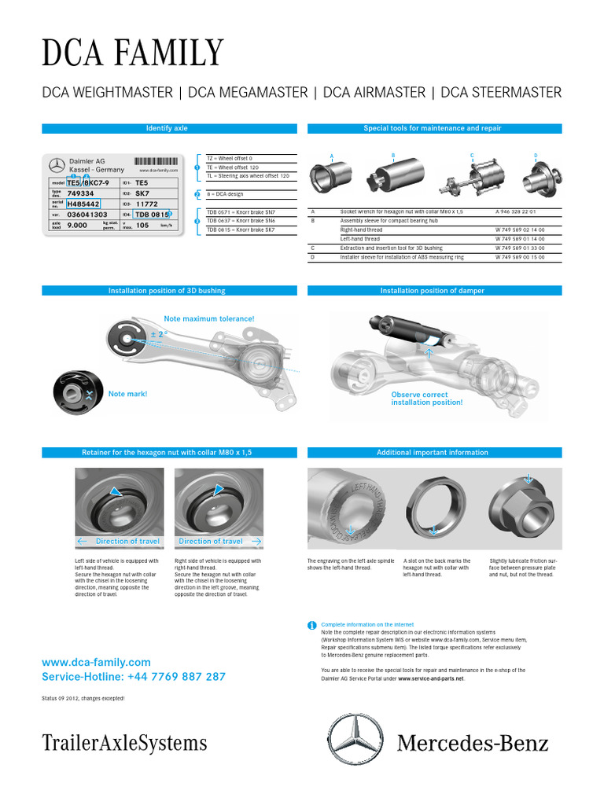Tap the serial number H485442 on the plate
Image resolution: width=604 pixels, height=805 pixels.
coord(83,203)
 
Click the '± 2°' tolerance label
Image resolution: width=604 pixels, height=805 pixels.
coord(160,334)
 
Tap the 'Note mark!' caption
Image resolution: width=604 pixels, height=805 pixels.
coord(127,394)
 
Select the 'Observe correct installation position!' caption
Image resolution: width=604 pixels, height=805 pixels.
coord(426,399)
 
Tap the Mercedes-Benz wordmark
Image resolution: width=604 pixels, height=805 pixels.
coord(473,742)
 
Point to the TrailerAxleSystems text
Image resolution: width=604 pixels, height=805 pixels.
coord(124,743)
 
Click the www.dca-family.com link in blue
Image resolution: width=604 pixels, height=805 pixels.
coord(96,663)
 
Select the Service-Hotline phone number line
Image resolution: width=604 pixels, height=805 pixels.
coord(134,676)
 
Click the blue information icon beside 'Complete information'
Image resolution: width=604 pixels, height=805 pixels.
coord(311,625)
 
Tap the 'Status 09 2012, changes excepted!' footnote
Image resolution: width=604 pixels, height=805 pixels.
coord(83,698)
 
